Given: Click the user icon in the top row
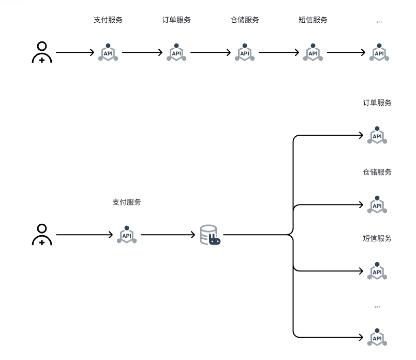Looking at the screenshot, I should click(42, 52).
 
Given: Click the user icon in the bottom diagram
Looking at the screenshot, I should click(42, 235).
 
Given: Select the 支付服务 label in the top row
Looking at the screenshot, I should click(108, 20).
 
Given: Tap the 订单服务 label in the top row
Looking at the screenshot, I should click(176, 20).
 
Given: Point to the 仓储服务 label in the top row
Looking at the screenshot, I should click(245, 20).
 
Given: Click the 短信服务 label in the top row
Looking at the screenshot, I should click(313, 20).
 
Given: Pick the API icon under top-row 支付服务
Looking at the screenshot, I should click(108, 53).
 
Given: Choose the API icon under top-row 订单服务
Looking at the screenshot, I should click(176, 53).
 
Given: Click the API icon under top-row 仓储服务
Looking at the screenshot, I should click(245, 53).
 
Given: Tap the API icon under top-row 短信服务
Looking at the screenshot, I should click(313, 53).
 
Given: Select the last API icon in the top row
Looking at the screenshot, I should click(379, 53).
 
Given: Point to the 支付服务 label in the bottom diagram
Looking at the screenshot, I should click(127, 203).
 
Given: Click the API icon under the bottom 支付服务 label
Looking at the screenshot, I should click(127, 235).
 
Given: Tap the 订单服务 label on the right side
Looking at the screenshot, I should click(377, 103).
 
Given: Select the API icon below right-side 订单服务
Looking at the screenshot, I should click(377, 136).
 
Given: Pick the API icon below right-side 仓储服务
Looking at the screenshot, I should click(377, 205).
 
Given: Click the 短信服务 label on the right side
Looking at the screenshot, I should click(377, 239).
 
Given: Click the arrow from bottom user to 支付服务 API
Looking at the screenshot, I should click(84, 235).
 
